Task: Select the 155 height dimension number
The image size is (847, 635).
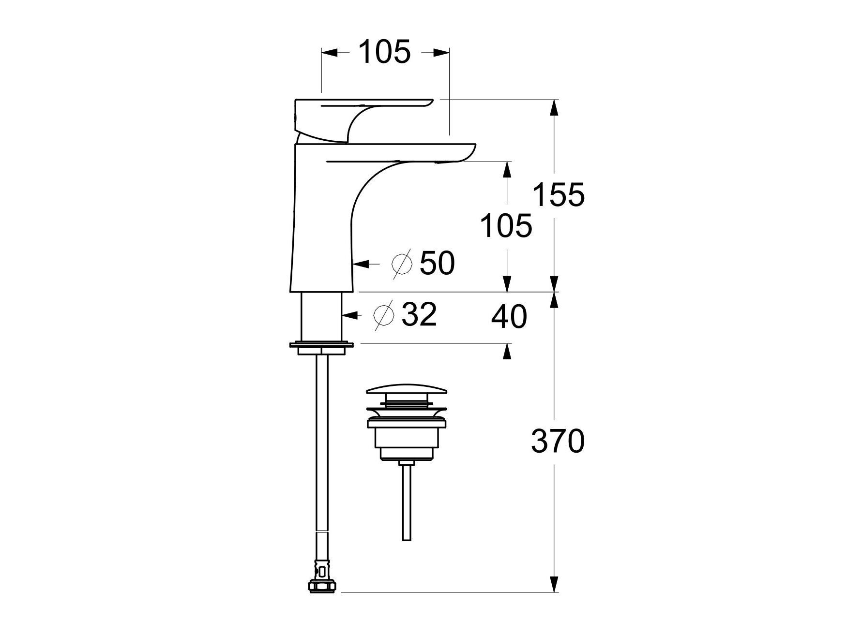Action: pos(559,195)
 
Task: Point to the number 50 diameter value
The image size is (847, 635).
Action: pos(437,263)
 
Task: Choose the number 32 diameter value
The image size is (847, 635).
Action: pos(419,314)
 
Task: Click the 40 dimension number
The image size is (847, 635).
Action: pos(509,317)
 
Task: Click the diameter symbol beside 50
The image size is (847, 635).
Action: pos(402,264)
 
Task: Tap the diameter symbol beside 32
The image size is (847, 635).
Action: pos(384,315)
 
